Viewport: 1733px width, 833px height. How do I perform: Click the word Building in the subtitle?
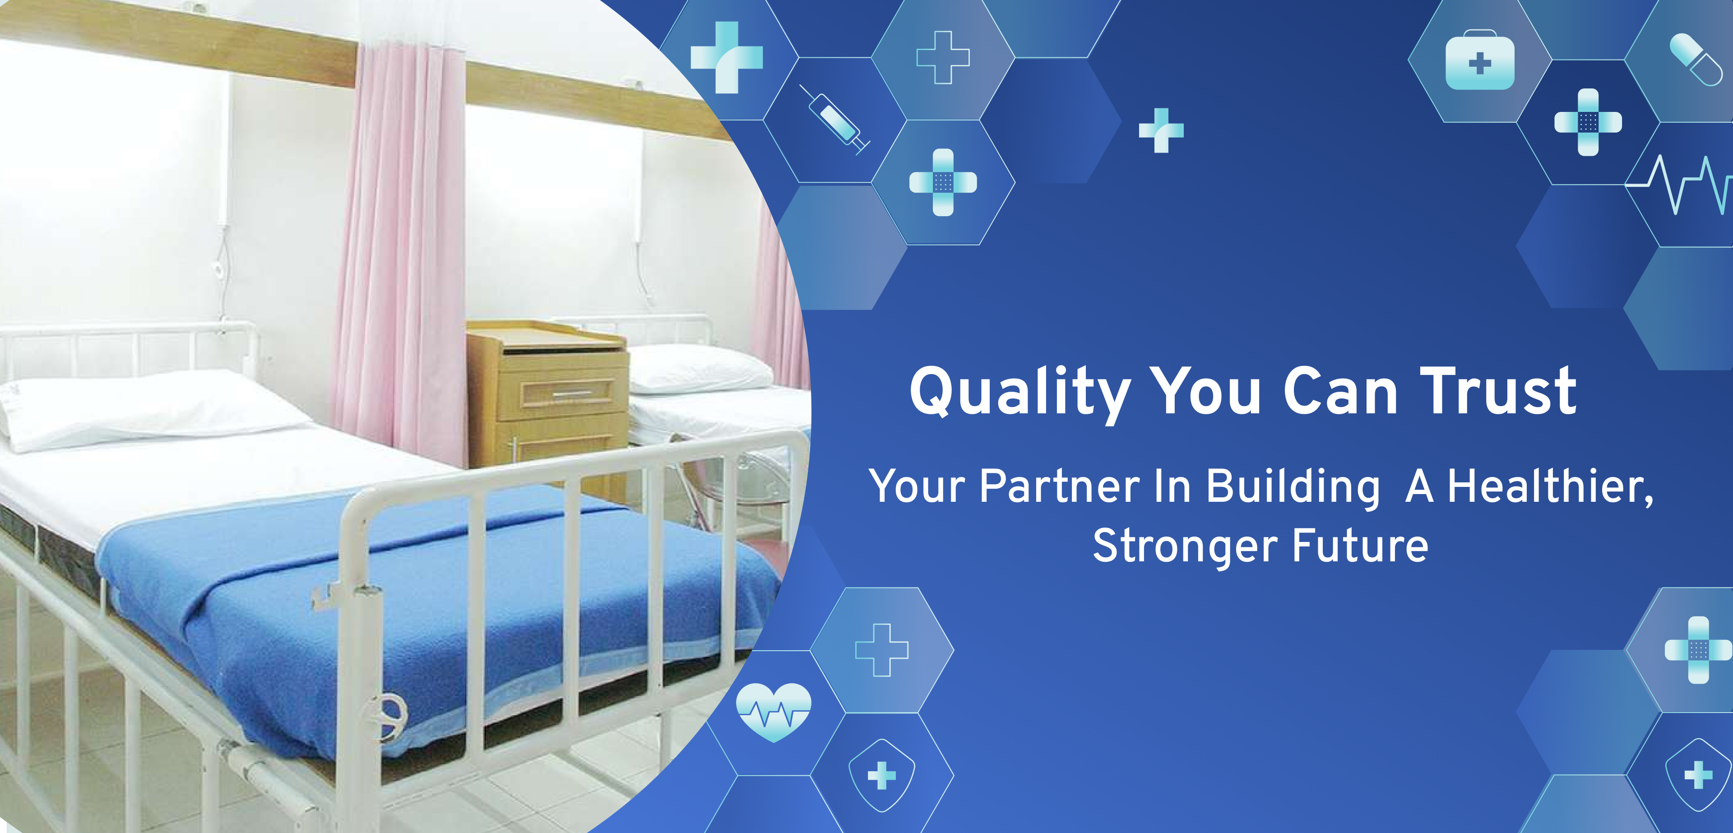point(1293,488)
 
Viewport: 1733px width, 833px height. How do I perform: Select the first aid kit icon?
point(1480,60)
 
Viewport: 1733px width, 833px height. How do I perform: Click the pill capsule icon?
point(1696,59)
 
